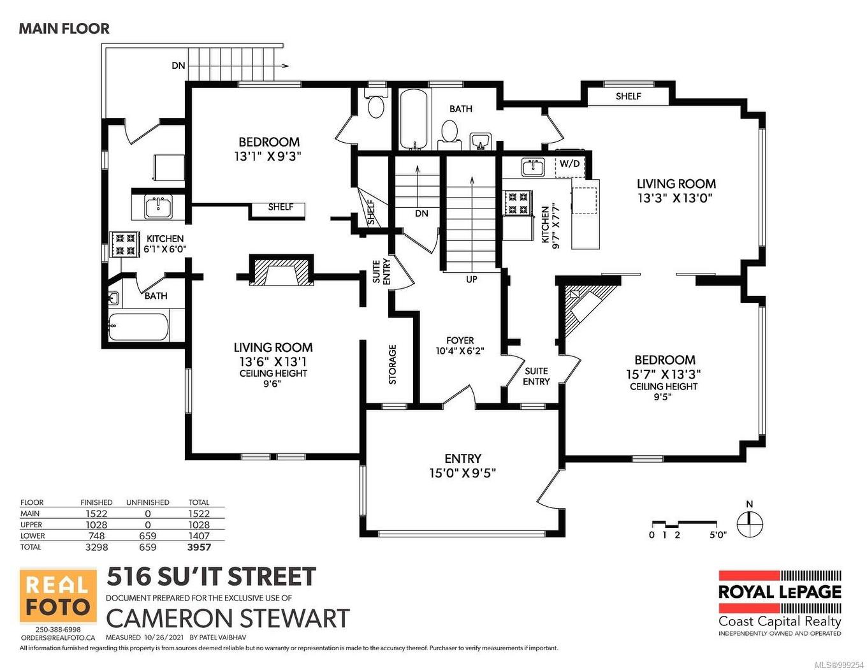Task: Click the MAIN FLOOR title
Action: (64, 29)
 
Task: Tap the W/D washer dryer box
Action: (569, 164)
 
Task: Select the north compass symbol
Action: (750, 524)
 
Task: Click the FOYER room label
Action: (460, 340)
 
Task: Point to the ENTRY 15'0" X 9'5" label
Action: (462, 465)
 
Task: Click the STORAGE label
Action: (393, 364)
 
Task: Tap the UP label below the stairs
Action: (471, 279)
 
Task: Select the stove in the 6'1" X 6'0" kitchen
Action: (125, 244)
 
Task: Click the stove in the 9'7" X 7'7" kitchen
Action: (517, 203)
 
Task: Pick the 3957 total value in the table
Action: (199, 547)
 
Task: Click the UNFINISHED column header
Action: (147, 502)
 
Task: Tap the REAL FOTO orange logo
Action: (58, 596)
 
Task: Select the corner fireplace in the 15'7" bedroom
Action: (583, 304)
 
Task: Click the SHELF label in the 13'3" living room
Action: (628, 96)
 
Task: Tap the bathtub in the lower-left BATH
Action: (138, 327)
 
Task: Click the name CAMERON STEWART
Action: (228, 618)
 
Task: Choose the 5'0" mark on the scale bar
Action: (717, 535)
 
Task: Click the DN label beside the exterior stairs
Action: (178, 66)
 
